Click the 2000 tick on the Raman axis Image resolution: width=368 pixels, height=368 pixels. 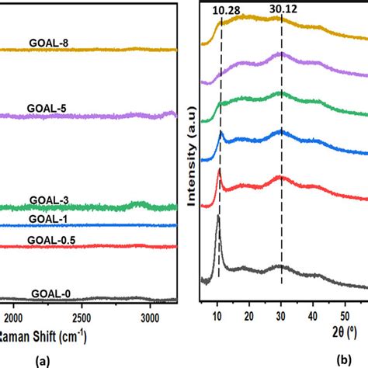[13, 318]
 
